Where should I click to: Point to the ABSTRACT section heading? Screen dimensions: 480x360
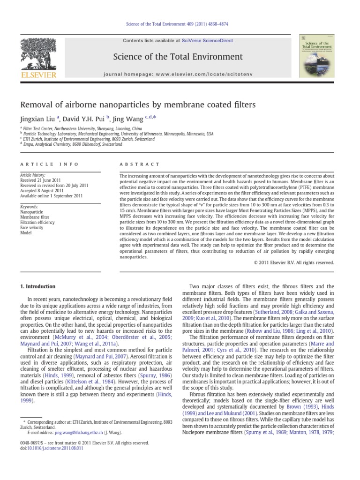point(140,164)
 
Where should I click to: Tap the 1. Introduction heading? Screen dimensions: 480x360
point(37,286)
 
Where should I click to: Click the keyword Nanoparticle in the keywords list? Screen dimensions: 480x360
point(31,212)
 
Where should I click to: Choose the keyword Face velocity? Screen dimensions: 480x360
point(31,227)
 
